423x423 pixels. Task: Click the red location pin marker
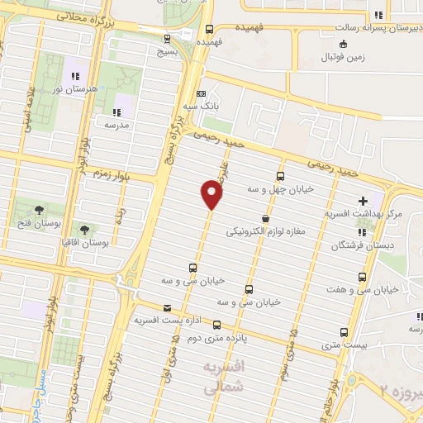(212, 194)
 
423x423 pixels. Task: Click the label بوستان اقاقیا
(84, 244)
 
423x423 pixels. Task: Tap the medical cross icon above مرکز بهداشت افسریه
(364, 201)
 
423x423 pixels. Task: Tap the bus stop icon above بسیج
(168, 38)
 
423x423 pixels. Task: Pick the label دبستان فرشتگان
(364, 245)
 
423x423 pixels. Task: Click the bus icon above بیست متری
(345, 332)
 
